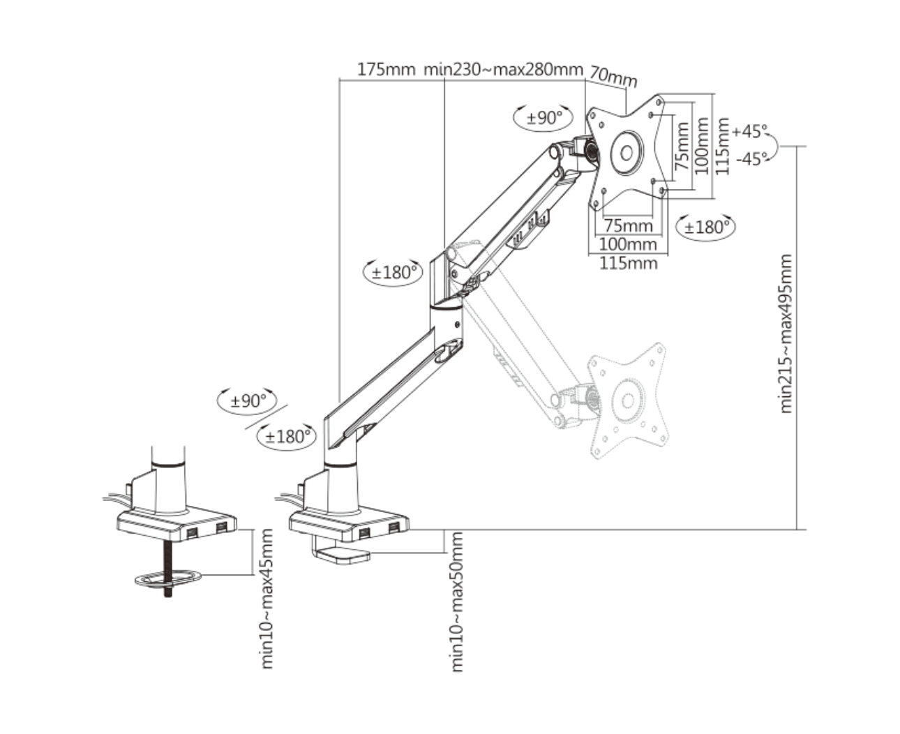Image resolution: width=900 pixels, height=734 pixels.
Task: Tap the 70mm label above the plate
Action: pyautogui.click(x=613, y=75)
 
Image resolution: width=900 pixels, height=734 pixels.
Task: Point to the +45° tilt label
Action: pyautogui.click(x=749, y=130)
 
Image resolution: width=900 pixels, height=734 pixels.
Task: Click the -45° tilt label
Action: pyautogui.click(x=751, y=159)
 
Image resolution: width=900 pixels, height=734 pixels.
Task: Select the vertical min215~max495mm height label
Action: pyautogui.click(x=786, y=334)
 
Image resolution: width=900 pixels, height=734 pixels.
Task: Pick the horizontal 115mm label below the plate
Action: pyautogui.click(x=628, y=263)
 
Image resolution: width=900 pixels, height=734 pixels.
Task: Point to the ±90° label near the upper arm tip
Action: pyautogui.click(x=544, y=117)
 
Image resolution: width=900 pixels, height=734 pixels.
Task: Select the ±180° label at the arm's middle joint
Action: pyautogui.click(x=393, y=271)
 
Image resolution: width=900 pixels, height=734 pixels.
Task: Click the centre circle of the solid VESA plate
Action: pyautogui.click(x=626, y=153)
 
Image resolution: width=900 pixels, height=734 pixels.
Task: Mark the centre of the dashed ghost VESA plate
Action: pyautogui.click(x=627, y=400)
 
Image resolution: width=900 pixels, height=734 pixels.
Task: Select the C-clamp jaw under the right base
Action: pyautogui.click(x=340, y=555)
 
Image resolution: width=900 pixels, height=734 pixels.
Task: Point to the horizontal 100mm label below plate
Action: pyautogui.click(x=628, y=244)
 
